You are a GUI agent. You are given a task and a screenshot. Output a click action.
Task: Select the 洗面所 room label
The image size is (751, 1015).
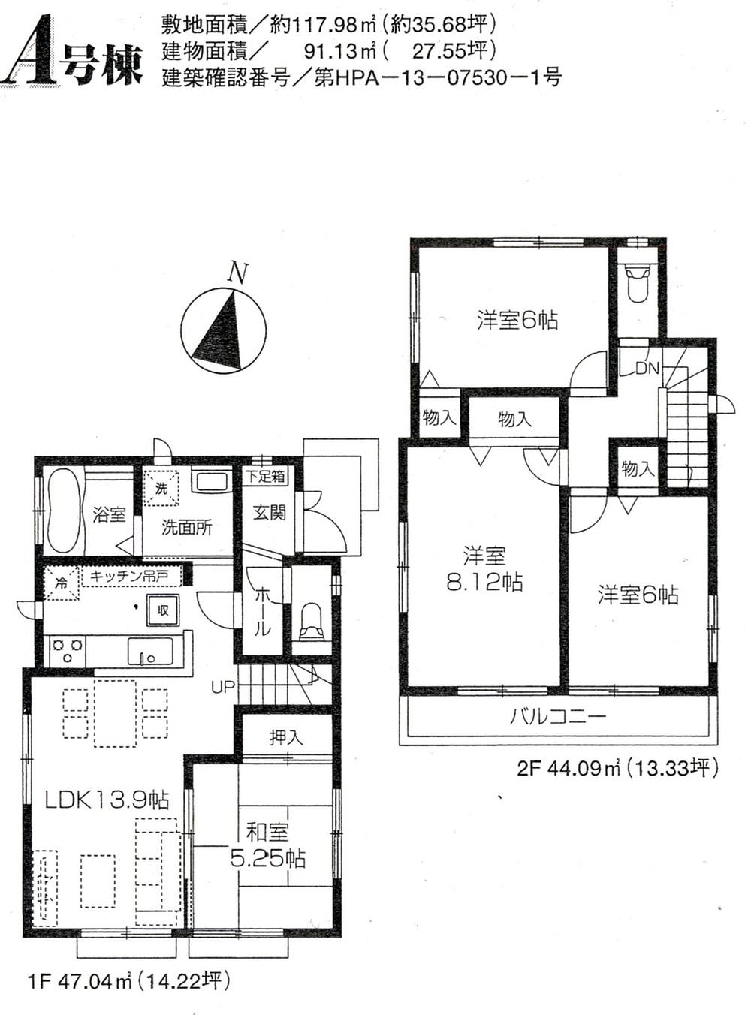(x=187, y=527)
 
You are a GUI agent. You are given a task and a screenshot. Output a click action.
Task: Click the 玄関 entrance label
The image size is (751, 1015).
(x=269, y=513)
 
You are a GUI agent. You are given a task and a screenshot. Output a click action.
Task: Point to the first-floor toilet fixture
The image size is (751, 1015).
(x=311, y=620)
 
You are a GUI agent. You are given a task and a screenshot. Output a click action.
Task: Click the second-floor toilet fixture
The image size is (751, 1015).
(x=637, y=282)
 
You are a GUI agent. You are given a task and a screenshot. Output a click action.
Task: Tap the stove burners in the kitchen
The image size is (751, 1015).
(x=67, y=649)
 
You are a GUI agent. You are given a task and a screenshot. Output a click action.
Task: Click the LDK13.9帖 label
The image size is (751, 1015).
(x=107, y=799)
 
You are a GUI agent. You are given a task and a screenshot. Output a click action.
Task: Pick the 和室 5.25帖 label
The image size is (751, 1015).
(x=267, y=845)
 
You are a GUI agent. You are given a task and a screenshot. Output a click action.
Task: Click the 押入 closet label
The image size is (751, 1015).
(x=286, y=737)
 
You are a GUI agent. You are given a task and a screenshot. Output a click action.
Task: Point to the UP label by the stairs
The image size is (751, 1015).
(x=222, y=686)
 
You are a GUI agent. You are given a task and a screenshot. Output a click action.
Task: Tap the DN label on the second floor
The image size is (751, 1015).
(x=647, y=368)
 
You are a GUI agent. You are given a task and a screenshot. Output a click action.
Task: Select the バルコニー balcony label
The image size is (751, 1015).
(x=557, y=716)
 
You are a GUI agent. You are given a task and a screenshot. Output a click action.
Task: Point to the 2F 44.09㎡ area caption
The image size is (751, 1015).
(x=617, y=768)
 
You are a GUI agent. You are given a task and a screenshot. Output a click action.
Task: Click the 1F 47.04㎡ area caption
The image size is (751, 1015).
(x=128, y=981)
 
